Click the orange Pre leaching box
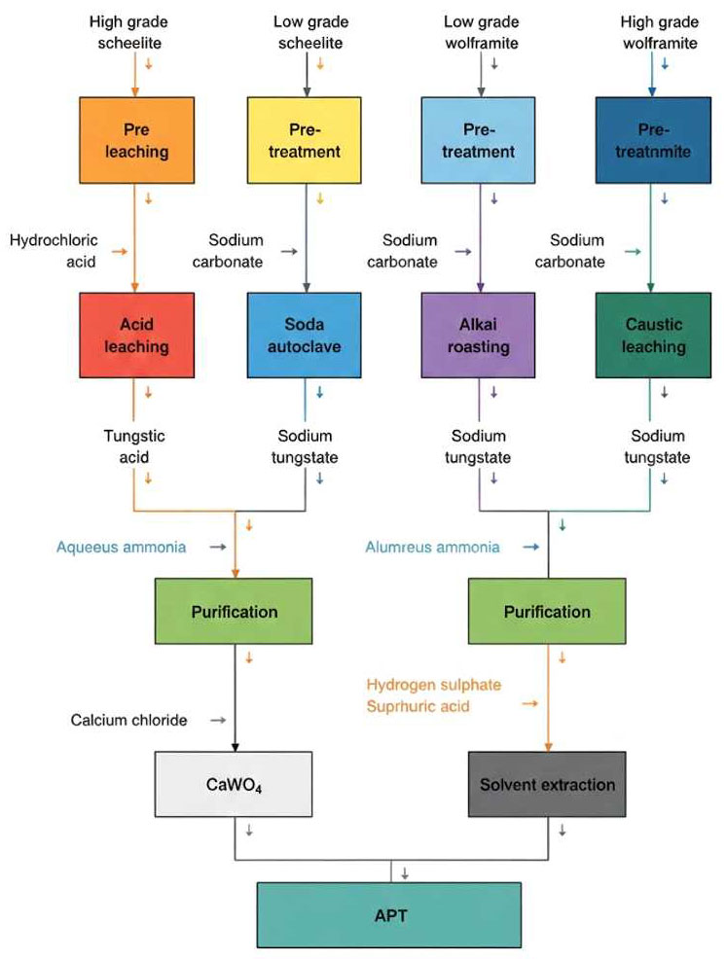pyautogui.click(x=136, y=140)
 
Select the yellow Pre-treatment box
pyautogui.click(x=305, y=140)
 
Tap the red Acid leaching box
pyautogui.click(x=136, y=336)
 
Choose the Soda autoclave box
pyautogui.click(x=305, y=336)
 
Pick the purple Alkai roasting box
pyautogui.click(x=478, y=336)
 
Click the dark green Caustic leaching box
pyautogui.click(x=653, y=336)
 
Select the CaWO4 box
pyautogui.click(x=234, y=784)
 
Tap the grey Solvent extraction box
pyautogui.click(x=547, y=784)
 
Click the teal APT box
pyautogui.click(x=389, y=915)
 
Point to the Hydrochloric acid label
pyautogui.click(x=54, y=251)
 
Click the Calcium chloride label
pyautogui.click(x=128, y=720)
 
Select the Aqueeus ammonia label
pyautogui.click(x=121, y=547)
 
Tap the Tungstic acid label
pyautogui.click(x=134, y=446)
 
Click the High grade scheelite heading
pyautogui.click(x=128, y=32)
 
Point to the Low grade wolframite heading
pyautogui.click(x=482, y=32)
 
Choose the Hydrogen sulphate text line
pyautogui.click(x=434, y=685)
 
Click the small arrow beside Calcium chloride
pyautogui.click(x=218, y=721)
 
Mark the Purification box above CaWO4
pyautogui.click(x=234, y=611)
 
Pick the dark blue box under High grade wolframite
pyautogui.click(x=653, y=140)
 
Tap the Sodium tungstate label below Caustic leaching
pyautogui.click(x=657, y=446)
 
